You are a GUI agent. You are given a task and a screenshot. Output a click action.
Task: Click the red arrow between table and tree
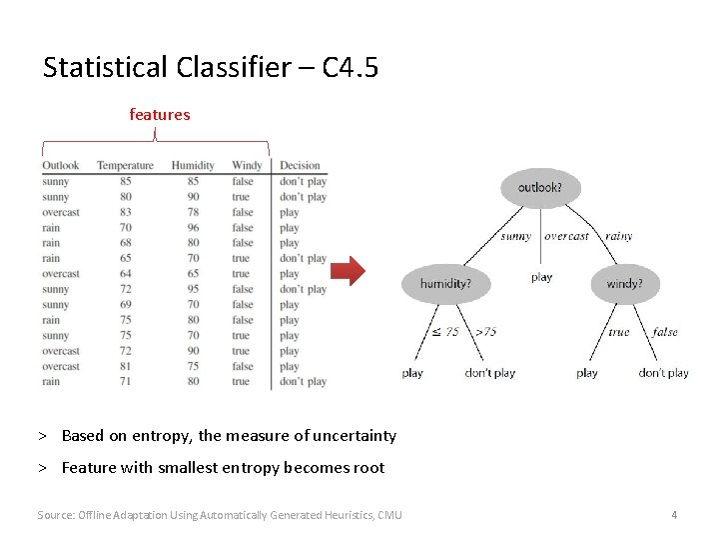349,271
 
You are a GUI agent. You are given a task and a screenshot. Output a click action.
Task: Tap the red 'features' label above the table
160,115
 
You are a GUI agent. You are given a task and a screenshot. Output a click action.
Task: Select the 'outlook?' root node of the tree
540,187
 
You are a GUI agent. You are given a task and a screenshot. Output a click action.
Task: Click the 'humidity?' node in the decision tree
445,284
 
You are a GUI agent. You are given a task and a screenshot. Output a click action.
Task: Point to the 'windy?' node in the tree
624,284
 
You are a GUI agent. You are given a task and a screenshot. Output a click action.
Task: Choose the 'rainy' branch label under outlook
619,237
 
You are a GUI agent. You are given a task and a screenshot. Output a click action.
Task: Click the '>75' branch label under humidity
485,332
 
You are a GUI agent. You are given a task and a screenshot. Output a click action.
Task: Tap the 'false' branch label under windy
665,332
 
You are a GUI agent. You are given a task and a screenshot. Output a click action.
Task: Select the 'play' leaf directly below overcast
542,277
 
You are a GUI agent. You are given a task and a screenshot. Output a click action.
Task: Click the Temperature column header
125,166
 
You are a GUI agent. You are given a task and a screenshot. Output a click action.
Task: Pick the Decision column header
300,166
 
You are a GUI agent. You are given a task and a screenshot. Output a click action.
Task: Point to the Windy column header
247,166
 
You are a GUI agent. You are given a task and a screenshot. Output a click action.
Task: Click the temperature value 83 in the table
125,212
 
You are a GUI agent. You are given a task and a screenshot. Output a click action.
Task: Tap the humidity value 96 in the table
193,227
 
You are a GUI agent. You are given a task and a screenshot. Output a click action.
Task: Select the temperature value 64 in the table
125,273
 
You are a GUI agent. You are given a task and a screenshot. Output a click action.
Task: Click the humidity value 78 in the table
193,212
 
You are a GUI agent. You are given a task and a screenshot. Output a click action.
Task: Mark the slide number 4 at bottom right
674,515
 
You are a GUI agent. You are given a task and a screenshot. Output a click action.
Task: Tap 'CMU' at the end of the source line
389,515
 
